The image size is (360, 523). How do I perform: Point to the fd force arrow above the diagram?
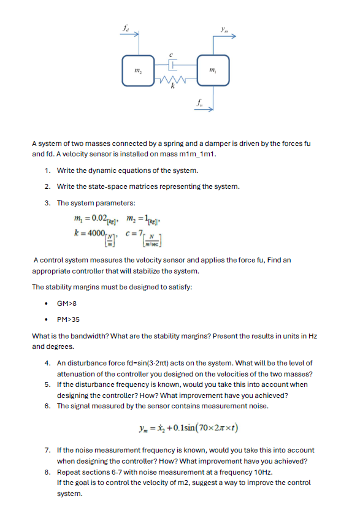pyautogui.click(x=132, y=36)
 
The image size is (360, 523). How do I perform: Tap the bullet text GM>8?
pyautogui.click(x=66, y=303)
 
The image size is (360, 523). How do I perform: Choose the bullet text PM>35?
pyautogui.click(x=67, y=319)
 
